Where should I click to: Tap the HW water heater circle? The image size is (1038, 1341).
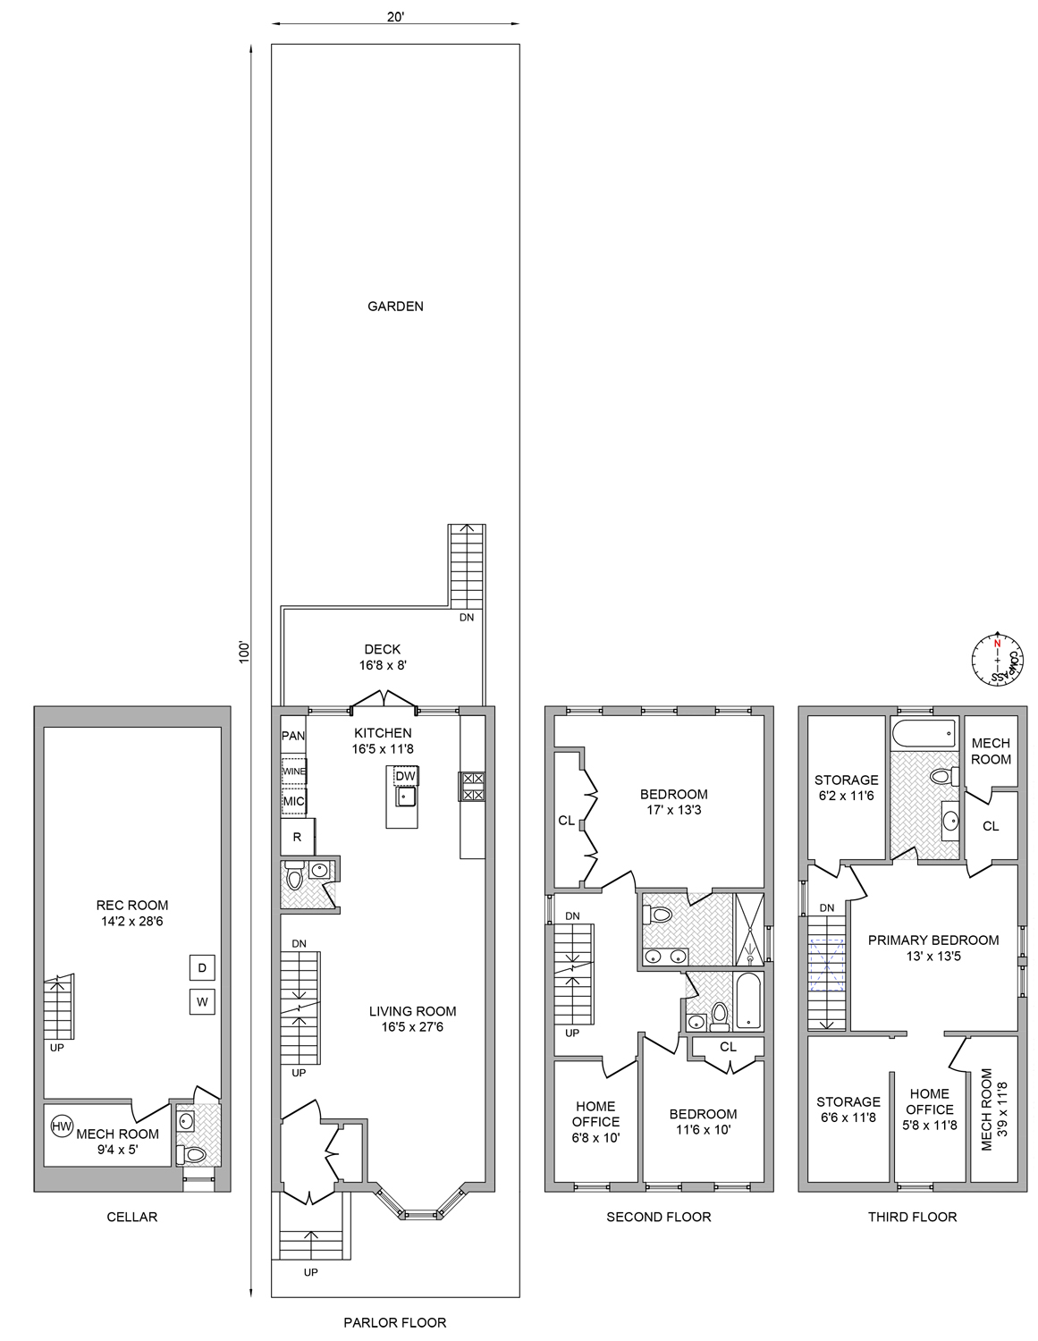(x=62, y=1126)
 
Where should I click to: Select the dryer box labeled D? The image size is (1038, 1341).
(x=202, y=967)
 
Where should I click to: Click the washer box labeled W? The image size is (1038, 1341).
(x=202, y=1002)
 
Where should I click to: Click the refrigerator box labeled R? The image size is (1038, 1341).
(x=298, y=838)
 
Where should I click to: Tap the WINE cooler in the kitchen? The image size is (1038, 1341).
(x=294, y=771)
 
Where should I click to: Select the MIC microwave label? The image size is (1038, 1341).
(x=294, y=801)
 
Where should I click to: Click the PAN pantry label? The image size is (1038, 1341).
(x=293, y=736)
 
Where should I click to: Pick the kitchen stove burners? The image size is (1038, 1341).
(x=472, y=786)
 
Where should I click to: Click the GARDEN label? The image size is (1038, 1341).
(x=395, y=306)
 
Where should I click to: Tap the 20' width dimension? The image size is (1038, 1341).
(x=395, y=18)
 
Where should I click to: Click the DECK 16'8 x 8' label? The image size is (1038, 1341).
(x=383, y=657)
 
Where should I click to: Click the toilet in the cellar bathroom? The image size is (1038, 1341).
(x=194, y=1154)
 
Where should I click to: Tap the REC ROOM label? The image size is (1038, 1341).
(x=131, y=913)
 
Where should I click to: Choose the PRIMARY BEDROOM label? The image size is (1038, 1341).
(x=933, y=948)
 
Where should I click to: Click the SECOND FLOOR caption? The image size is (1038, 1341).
(x=659, y=1217)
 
